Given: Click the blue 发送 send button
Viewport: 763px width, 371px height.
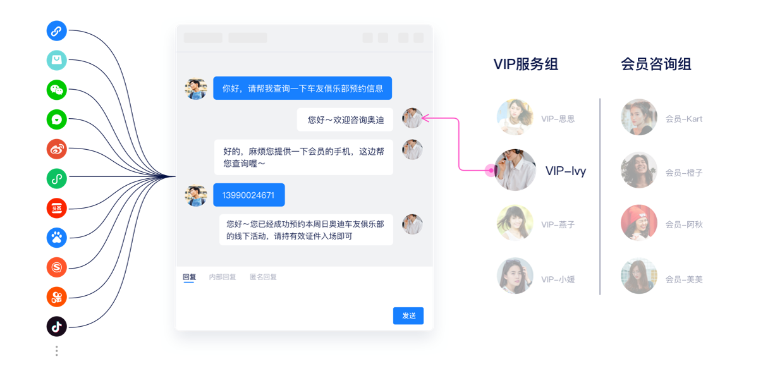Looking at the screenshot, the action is pyautogui.click(x=408, y=316).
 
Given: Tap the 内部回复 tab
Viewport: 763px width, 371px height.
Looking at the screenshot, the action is pyautogui.click(x=223, y=277).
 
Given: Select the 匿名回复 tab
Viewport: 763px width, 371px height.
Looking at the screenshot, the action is pyautogui.click(x=264, y=277).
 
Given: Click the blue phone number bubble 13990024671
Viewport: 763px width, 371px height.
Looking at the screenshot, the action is pyautogui.click(x=249, y=195).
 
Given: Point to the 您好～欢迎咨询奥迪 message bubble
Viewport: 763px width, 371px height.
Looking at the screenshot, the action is pyautogui.click(x=345, y=119).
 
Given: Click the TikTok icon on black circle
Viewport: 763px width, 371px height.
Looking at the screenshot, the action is pyautogui.click(x=56, y=326).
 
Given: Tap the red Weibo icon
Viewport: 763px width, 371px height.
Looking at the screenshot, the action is pyautogui.click(x=56, y=149).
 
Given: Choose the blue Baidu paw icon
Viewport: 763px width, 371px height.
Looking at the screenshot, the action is pyautogui.click(x=56, y=238).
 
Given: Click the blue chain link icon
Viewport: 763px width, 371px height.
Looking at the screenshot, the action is pyautogui.click(x=56, y=31).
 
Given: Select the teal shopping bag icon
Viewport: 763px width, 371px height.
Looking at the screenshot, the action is pyautogui.click(x=56, y=60).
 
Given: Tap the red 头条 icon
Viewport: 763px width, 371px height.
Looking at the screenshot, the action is pyautogui.click(x=56, y=208).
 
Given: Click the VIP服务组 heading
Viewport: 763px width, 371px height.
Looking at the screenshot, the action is pyautogui.click(x=525, y=64).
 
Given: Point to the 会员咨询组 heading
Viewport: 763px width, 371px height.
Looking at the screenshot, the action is pyautogui.click(x=656, y=64).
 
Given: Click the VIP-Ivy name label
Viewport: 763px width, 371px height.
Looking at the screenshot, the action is pyautogui.click(x=566, y=171).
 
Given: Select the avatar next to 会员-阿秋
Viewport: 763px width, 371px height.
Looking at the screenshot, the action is pyautogui.click(x=639, y=223).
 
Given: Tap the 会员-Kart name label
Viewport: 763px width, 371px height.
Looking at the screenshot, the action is pyautogui.click(x=684, y=119).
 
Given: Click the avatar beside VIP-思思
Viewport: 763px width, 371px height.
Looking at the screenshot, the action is pyautogui.click(x=515, y=117).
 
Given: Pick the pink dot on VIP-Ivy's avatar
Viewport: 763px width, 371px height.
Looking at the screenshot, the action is pyautogui.click(x=491, y=170).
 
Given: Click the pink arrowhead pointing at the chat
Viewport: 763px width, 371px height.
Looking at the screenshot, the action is pyautogui.click(x=425, y=118).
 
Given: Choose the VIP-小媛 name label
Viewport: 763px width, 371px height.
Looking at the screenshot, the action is pyautogui.click(x=558, y=280).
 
